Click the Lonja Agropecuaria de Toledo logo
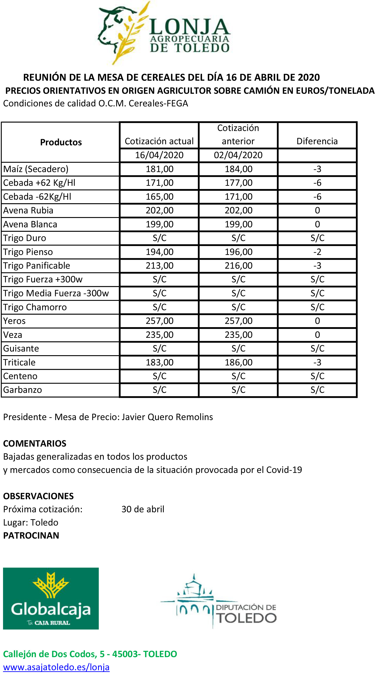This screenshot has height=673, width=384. (164, 33)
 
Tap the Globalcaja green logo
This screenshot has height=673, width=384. (51, 598)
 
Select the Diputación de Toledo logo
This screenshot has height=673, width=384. (218, 602)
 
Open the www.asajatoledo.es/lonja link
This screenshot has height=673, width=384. (56, 667)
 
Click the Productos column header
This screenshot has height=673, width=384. (61, 142)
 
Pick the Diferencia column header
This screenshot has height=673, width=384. (317, 141)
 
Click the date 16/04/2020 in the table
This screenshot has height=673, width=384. (159, 155)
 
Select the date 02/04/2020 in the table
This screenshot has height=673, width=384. (238, 155)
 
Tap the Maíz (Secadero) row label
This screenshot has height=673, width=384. (36, 169)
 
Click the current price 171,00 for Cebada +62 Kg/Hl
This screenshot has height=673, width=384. (160, 183)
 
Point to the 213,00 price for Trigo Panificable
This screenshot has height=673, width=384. (160, 265)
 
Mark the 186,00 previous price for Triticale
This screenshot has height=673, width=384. (238, 362)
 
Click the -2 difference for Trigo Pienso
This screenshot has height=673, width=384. (317, 252)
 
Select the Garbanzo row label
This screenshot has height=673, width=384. (22, 390)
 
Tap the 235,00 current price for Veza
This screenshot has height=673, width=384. (160, 335)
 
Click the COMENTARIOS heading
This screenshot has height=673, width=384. (35, 444)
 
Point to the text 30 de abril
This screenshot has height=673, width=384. (143, 509)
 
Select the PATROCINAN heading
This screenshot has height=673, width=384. (31, 536)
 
